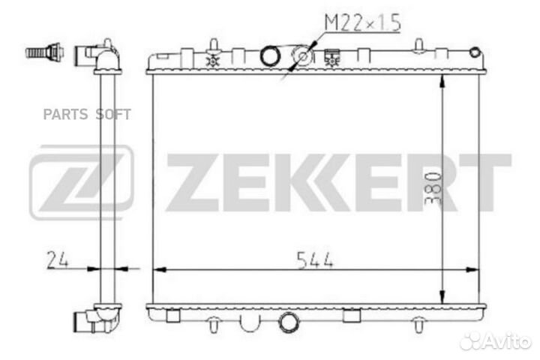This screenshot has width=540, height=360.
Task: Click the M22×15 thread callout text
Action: pos(363,22)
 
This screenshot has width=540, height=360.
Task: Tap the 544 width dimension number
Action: pos(315,260)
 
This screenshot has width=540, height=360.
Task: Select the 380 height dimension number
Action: pos(433,188)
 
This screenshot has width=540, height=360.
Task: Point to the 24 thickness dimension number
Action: pos(57,259)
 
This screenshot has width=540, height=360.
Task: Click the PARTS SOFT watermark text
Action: pos(87,114)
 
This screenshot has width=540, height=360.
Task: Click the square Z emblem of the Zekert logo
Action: pos(81,182)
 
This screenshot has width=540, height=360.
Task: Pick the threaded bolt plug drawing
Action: pos(45,52)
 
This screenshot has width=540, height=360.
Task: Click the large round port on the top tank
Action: pos(270,55)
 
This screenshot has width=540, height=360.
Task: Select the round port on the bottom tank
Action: pos(288,322)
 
